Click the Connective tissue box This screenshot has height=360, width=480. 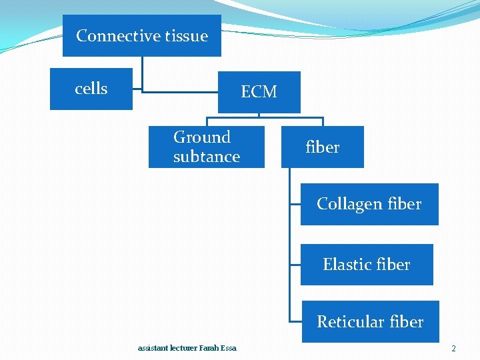pyautogui.click(x=142, y=36)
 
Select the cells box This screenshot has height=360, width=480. pyautogui.click(x=91, y=89)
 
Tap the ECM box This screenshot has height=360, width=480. pyautogui.click(x=259, y=92)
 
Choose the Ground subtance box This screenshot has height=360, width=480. pyautogui.click(x=206, y=147)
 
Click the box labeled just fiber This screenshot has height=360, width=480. pyautogui.click(x=323, y=147)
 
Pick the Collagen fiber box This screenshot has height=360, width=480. pyautogui.click(x=369, y=204)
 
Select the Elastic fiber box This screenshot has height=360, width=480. pyautogui.click(x=367, y=265)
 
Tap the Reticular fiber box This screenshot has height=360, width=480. pyautogui.click(x=370, y=322)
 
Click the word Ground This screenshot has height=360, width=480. pyautogui.click(x=201, y=137)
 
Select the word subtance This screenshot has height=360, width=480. pyautogui.click(x=206, y=157)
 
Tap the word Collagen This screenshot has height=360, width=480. pyautogui.click(x=349, y=204)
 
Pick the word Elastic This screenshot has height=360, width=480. pyautogui.click(x=346, y=265)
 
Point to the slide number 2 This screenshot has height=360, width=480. pyautogui.click(x=453, y=349)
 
